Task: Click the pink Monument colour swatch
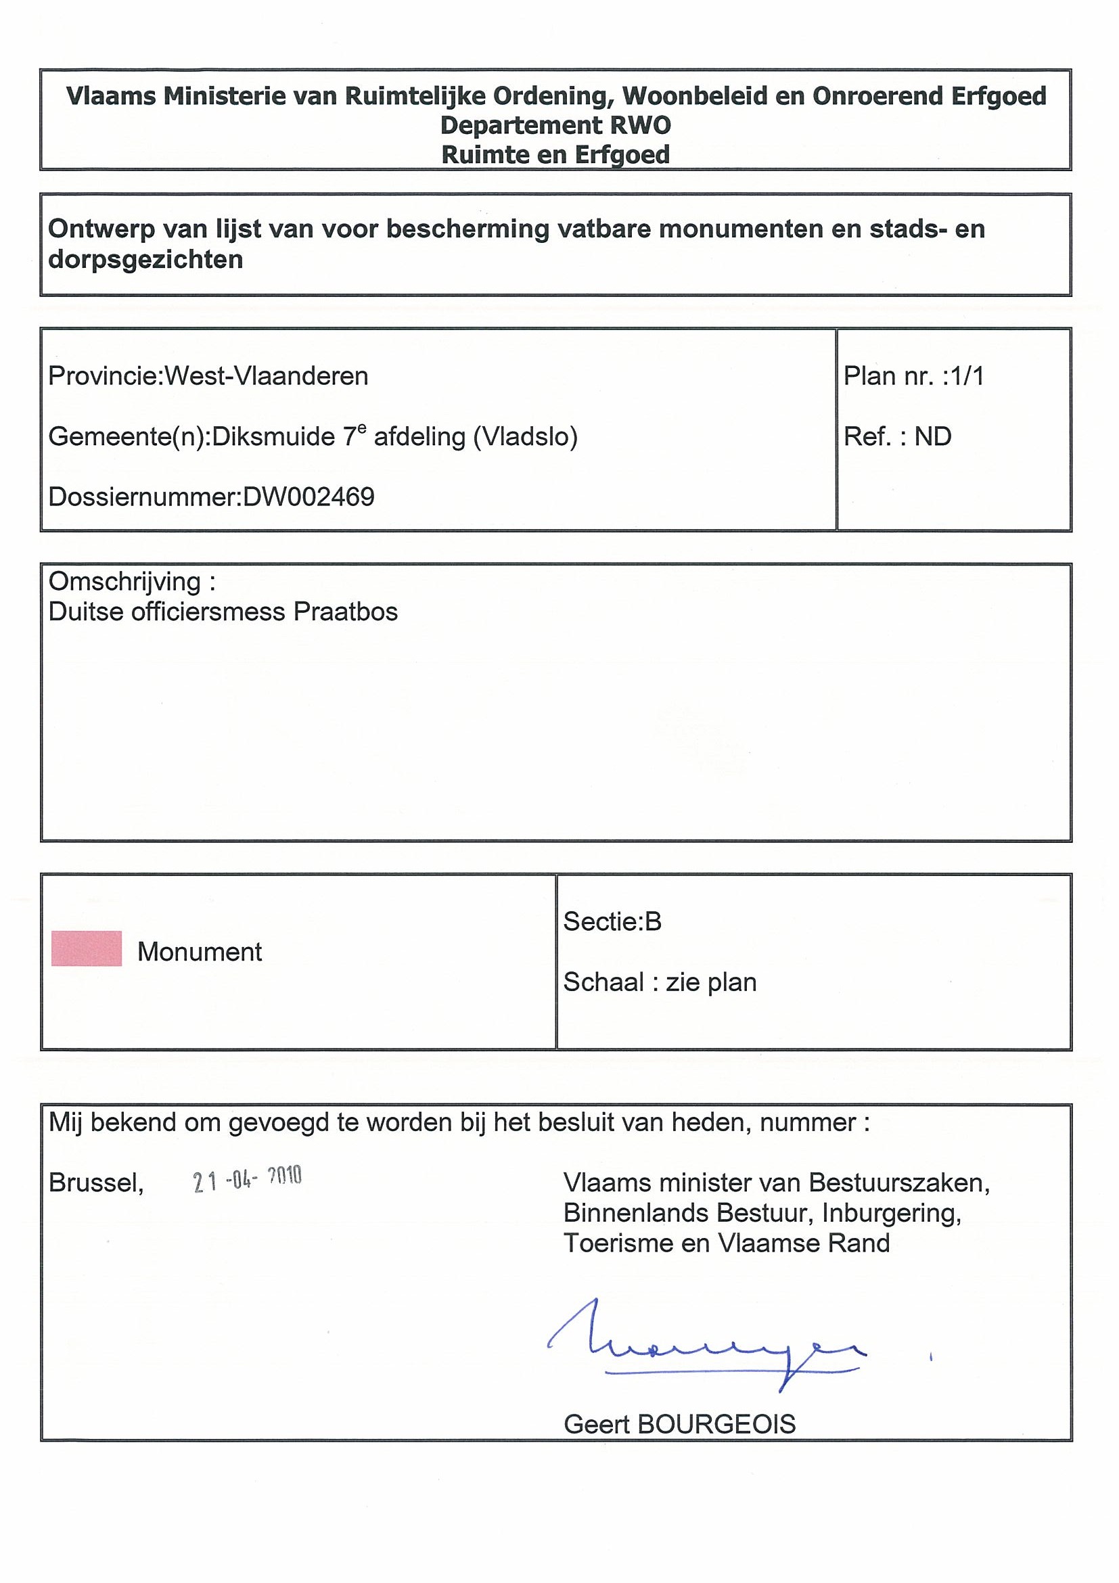[x=86, y=948]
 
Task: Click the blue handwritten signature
[x=707, y=1344]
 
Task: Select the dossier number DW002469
[x=309, y=497]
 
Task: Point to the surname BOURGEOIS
[x=717, y=1424]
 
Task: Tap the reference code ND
[x=933, y=437]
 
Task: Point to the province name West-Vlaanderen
[x=266, y=376]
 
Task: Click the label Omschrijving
[x=124, y=582]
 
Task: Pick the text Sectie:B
[x=612, y=922]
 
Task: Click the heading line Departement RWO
[x=555, y=125]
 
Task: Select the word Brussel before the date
[x=96, y=1183]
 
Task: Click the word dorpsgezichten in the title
[x=145, y=260]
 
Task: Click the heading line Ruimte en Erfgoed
[x=555, y=154]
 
